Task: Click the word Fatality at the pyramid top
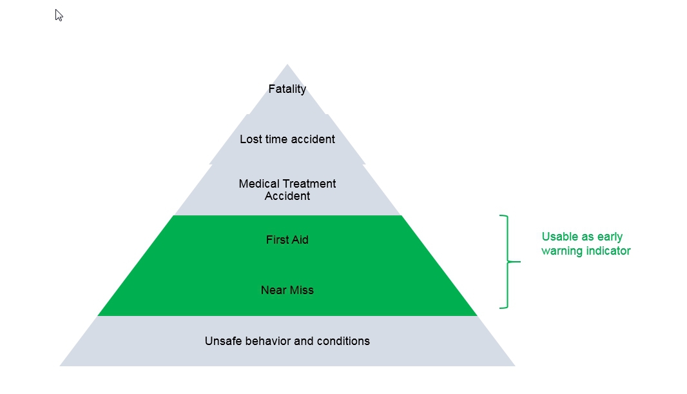point(287,89)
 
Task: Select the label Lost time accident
point(287,139)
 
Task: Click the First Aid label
point(287,240)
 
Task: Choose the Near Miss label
point(287,290)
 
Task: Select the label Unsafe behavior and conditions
point(287,341)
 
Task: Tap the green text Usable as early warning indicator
point(585,244)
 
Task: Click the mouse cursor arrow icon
point(59,15)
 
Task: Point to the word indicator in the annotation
point(608,251)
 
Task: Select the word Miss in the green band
point(302,290)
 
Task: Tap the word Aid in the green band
point(300,240)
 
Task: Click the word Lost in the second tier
point(251,139)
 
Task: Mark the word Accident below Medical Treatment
point(287,196)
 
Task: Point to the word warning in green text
point(561,251)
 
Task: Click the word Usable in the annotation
point(559,237)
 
